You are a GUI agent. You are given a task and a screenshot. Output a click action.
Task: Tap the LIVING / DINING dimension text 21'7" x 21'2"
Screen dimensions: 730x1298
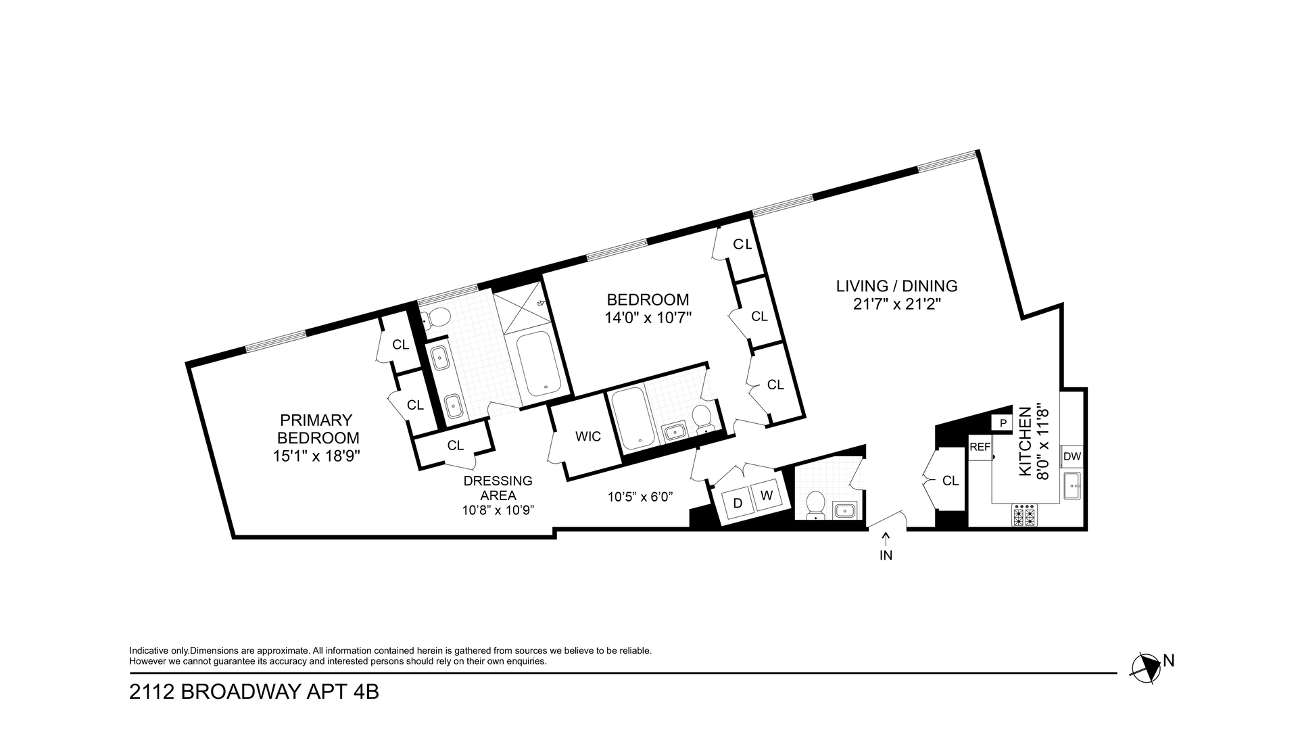[x=897, y=304]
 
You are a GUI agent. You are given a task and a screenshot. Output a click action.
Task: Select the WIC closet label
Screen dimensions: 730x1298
[x=587, y=437]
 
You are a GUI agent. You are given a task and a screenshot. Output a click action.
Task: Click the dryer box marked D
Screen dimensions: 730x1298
[x=738, y=504]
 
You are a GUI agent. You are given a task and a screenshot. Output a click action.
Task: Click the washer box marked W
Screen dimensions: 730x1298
[x=766, y=495]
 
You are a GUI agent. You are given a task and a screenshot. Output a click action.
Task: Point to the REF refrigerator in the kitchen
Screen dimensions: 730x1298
[x=980, y=447]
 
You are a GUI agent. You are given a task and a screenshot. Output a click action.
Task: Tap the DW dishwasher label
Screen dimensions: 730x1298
[x=1072, y=456]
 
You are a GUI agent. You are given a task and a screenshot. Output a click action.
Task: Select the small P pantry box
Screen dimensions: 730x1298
[x=1003, y=423]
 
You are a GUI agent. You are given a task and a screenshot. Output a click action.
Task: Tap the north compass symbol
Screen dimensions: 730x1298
[x=1147, y=666]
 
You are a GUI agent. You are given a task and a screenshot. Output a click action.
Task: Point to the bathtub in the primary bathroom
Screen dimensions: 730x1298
[x=538, y=364]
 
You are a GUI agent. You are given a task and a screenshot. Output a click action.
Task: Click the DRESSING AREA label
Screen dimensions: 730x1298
[x=498, y=488]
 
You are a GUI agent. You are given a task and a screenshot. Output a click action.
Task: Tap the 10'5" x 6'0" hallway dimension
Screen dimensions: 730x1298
[x=640, y=497]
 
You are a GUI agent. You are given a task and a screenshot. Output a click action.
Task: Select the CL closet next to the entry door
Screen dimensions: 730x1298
[x=950, y=481]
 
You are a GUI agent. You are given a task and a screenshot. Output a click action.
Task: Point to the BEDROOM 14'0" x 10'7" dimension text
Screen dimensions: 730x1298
[x=648, y=317]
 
